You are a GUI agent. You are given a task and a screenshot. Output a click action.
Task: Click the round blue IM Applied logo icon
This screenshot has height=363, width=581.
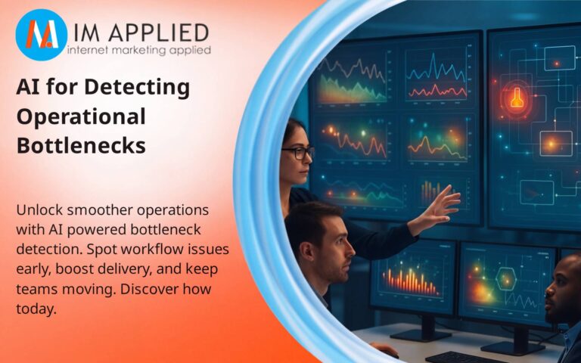pos(42,35)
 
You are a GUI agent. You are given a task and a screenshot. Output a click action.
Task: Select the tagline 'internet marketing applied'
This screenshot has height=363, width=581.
pos(139,51)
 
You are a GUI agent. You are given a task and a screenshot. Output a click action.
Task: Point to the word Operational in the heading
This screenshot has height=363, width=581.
pos(81,116)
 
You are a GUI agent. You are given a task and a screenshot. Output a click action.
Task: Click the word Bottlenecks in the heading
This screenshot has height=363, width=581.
pos(81,145)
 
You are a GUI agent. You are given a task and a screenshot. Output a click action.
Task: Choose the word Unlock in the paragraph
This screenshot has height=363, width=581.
pos(40,209)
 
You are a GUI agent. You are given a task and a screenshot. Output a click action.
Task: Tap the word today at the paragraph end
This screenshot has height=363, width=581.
pos(39,309)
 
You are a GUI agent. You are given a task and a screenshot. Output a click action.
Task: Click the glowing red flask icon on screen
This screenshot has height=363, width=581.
pos(517,98)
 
